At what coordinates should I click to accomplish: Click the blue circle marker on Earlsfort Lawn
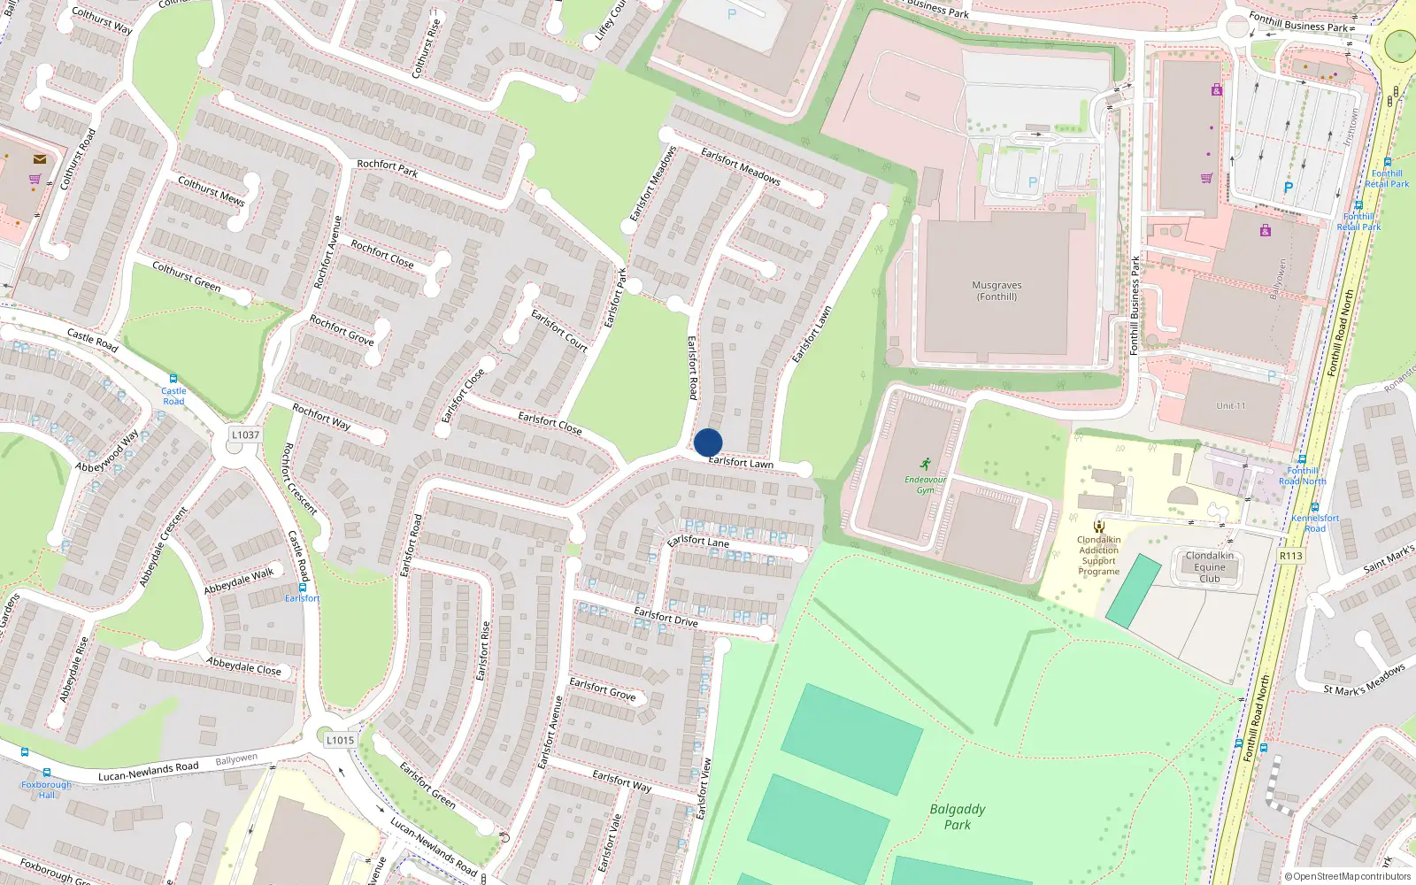(x=708, y=442)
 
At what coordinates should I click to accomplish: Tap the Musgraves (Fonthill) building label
(x=997, y=291)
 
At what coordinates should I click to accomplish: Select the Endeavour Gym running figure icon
(x=926, y=464)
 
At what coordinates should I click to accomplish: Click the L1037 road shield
(x=245, y=435)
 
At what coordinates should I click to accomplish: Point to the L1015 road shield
(x=340, y=740)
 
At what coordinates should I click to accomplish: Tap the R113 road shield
(x=1291, y=556)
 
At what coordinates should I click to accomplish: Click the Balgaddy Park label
(x=957, y=816)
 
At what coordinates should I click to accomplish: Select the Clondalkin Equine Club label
(x=1209, y=567)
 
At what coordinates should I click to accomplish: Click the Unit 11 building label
(x=1230, y=406)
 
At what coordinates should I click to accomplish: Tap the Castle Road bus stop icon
(x=173, y=379)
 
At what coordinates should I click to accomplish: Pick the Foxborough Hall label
(x=46, y=789)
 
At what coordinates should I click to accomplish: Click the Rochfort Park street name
(x=387, y=167)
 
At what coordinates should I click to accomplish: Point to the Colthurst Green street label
(x=186, y=275)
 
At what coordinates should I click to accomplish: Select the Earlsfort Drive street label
(x=666, y=617)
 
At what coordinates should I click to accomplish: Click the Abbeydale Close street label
(x=243, y=666)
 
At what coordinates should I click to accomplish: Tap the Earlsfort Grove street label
(x=602, y=689)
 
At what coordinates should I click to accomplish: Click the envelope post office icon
(x=40, y=159)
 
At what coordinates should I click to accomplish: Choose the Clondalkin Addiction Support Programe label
(x=1098, y=556)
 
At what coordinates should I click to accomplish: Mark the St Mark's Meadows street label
(x=1364, y=679)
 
